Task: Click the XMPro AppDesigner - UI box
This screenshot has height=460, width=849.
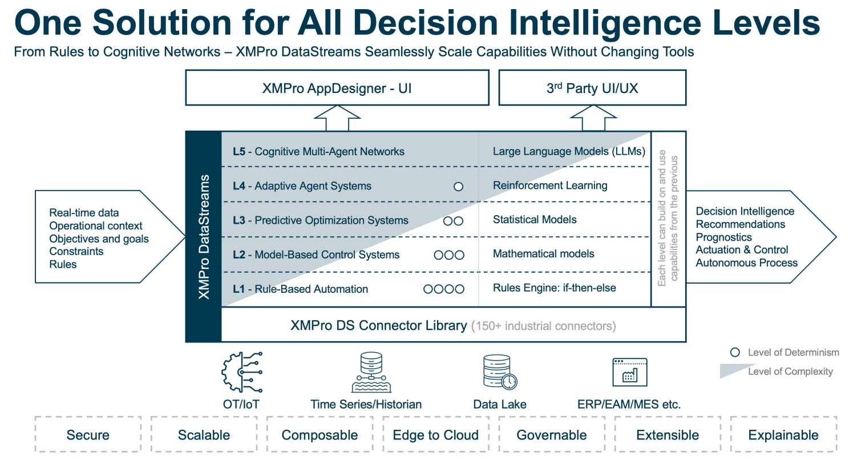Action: pos(337,88)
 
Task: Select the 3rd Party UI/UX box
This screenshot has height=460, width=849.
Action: pos(592,88)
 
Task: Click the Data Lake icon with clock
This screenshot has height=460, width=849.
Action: pos(499,372)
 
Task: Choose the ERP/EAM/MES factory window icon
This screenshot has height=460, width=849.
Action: pos(629,372)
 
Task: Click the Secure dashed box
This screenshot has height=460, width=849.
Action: pos(88,435)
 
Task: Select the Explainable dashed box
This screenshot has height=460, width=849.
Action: pos(783,435)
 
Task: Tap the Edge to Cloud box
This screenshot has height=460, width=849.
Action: pos(436,435)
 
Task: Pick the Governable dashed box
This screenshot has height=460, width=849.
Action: pos(552,435)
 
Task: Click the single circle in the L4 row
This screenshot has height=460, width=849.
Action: pos(458,186)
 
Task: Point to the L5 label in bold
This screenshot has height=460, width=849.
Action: pos(239,152)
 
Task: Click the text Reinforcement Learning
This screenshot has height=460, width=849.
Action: pos(550,185)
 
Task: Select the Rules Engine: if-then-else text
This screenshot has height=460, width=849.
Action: pos(555,288)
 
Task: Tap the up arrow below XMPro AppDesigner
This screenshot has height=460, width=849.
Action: pos(338,119)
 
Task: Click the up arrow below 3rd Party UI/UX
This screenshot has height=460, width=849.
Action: pos(592,119)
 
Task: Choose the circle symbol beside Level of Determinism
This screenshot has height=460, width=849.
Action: pos(735,352)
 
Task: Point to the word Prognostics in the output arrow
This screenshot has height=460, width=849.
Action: pos(723,237)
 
